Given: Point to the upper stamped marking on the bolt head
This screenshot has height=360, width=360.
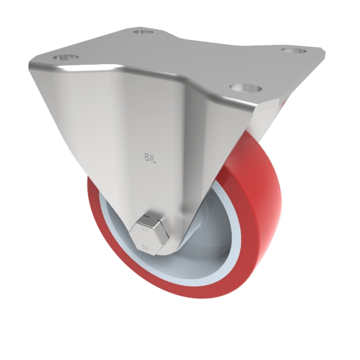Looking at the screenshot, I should (144, 229).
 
